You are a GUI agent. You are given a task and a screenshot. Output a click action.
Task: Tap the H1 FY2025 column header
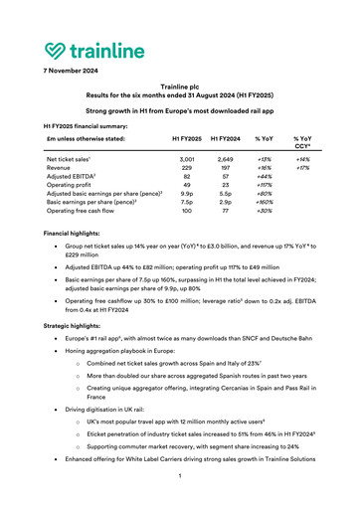(189, 139)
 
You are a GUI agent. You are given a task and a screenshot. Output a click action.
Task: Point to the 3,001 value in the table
(189, 159)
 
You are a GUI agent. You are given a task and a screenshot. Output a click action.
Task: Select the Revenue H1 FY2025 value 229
(189, 168)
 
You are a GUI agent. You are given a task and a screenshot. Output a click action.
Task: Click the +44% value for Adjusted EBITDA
(264, 177)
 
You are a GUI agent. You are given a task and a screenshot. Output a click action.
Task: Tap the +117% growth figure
(264, 186)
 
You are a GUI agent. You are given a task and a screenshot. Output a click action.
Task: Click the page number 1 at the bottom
(180, 477)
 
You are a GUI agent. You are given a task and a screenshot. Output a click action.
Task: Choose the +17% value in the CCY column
(301, 168)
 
